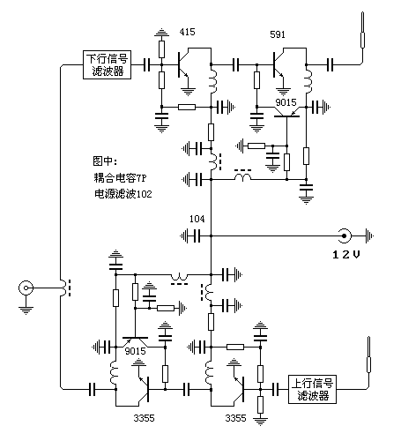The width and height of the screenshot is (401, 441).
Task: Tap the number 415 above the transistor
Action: (187, 33)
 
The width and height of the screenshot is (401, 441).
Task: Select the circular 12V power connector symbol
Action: (346, 235)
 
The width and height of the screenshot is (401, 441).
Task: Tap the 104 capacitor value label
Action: (197, 218)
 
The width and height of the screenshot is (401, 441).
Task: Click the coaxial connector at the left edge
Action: (28, 288)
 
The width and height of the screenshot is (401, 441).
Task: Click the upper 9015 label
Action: (286, 102)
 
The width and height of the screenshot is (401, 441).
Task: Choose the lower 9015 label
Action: (135, 351)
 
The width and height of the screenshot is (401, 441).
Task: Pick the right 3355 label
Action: (237, 416)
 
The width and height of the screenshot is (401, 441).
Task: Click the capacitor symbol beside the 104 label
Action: (199, 235)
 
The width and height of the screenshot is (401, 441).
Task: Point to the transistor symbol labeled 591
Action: (280, 64)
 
